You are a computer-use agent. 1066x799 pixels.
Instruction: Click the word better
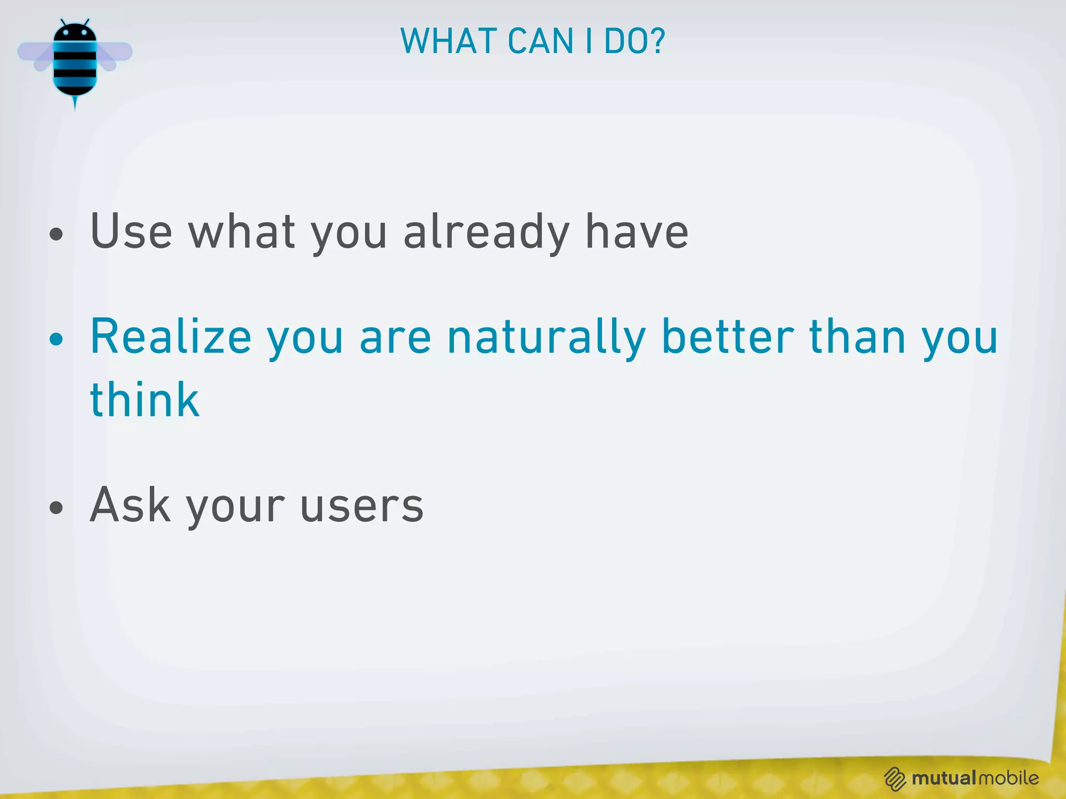(x=727, y=337)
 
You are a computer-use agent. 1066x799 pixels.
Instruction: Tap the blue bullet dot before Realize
(x=56, y=340)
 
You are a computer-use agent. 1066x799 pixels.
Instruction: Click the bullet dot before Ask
(x=56, y=507)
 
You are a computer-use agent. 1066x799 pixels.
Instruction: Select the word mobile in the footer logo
(x=1009, y=778)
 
